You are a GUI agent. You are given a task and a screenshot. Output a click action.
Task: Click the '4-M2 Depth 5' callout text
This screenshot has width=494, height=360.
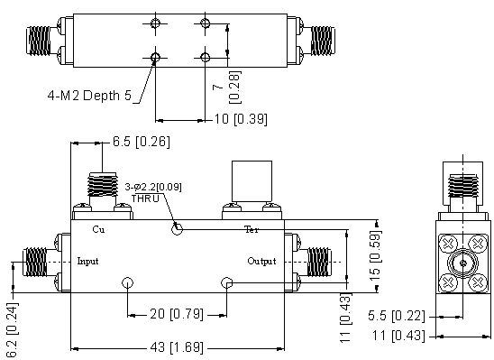click(89, 96)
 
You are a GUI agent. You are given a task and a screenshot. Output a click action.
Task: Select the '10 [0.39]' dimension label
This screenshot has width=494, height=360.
click(241, 119)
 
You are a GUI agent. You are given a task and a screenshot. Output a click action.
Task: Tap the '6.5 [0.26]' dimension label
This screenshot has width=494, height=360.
click(142, 142)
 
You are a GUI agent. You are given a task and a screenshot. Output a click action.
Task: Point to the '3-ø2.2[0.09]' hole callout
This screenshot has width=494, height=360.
click(153, 187)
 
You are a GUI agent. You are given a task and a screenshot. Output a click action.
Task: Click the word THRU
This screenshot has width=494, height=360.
click(145, 198)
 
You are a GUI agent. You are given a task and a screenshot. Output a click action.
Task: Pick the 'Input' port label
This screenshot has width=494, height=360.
click(87, 261)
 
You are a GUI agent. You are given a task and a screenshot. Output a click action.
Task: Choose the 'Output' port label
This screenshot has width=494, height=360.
click(261, 261)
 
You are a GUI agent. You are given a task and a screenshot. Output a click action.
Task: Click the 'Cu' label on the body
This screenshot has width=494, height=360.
click(98, 229)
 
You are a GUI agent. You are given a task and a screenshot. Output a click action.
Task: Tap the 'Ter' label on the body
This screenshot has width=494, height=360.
click(252, 229)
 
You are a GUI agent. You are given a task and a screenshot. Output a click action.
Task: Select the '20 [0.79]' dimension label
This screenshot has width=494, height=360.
click(177, 314)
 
